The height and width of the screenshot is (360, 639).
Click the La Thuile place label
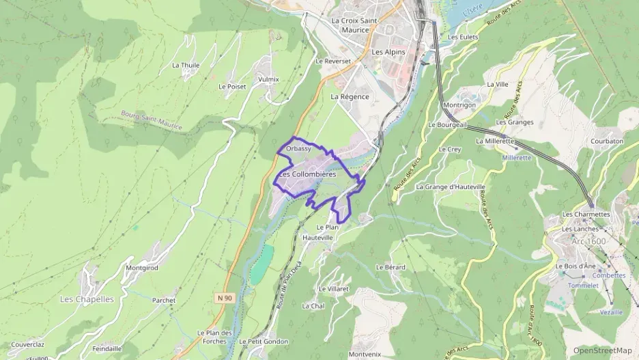[185, 66]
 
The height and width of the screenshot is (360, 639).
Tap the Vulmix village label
[269, 79]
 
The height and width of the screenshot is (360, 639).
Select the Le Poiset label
[232, 87]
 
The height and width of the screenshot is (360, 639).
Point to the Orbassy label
[299, 148]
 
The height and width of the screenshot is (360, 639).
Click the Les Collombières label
[309, 174]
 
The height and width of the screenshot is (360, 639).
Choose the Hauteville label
[318, 237]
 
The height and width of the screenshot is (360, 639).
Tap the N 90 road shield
[223, 298]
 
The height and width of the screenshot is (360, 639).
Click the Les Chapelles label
[86, 299]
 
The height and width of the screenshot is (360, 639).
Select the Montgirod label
[142, 268]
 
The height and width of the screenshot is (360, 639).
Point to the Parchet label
[164, 300]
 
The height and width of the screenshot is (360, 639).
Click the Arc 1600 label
[588, 241]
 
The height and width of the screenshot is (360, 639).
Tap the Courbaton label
[607, 141]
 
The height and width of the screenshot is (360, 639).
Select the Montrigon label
[459, 105]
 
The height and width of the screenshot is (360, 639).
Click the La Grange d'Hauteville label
[451, 186]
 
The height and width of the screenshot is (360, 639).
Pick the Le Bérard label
[390, 267]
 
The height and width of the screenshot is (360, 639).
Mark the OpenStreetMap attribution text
[602, 350]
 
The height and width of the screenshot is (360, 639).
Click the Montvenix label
[365, 354]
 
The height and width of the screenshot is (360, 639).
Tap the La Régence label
[350, 97]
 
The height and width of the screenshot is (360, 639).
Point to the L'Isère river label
[472, 12]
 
